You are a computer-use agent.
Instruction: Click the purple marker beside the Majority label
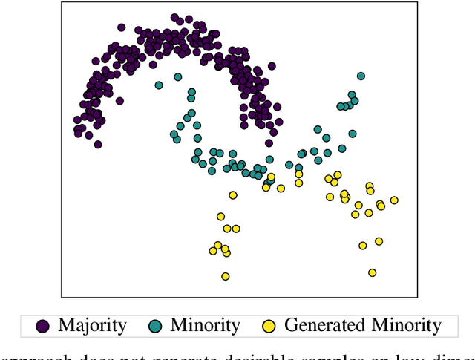(43, 325)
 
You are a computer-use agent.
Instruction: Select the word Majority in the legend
(92, 325)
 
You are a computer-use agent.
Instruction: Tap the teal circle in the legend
(155, 325)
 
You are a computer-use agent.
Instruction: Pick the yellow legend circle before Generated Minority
(270, 325)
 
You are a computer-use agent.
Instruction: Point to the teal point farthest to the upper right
(361, 76)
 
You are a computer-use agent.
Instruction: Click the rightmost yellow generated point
(394, 200)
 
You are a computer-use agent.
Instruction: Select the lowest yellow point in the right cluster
(372, 272)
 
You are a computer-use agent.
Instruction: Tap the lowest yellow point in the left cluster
(225, 276)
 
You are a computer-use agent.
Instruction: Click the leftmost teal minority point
(159, 85)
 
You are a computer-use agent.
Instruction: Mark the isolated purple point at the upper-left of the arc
(121, 27)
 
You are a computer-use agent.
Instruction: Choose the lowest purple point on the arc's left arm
(97, 144)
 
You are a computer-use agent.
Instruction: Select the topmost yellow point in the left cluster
(233, 195)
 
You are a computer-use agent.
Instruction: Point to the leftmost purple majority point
(76, 120)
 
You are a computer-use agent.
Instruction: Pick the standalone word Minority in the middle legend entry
(205, 325)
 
